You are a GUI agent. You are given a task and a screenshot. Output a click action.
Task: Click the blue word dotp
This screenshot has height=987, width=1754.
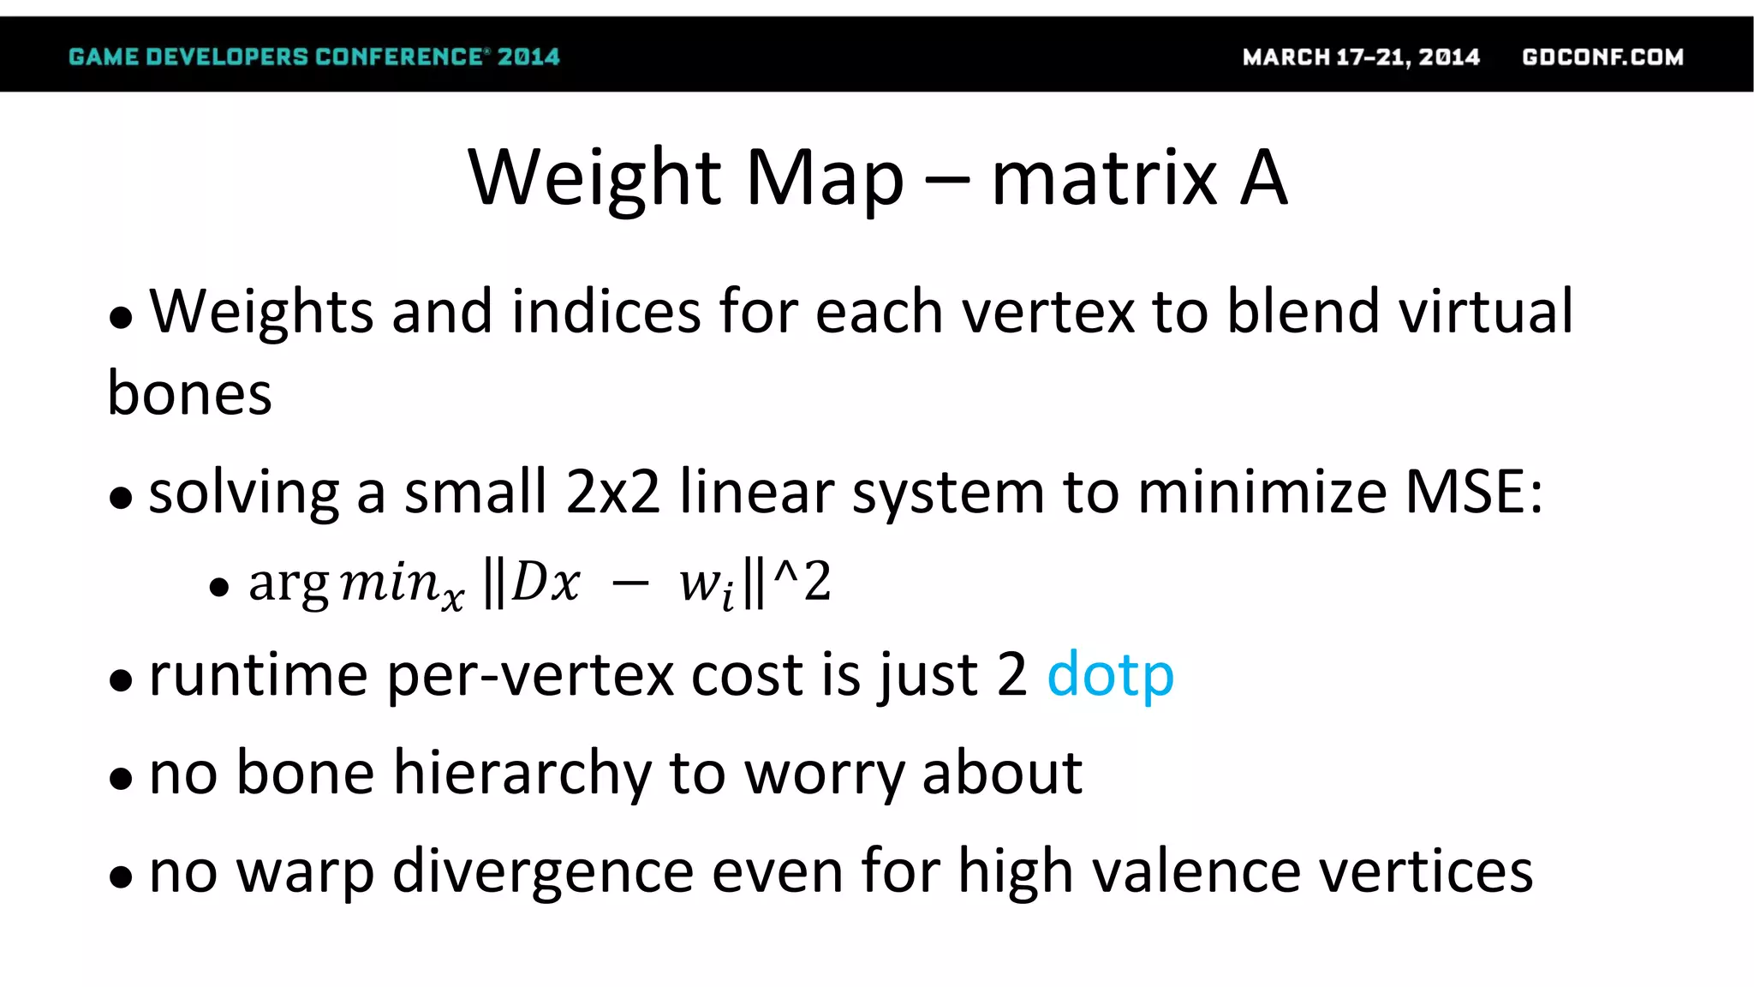(x=1110, y=676)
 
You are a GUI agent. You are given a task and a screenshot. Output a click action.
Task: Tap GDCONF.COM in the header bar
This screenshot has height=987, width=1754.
(x=1602, y=57)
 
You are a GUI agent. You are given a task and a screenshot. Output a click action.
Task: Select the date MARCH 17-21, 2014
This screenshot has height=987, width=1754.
(x=1361, y=57)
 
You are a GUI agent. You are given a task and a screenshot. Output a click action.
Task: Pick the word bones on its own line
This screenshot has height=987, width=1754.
(x=189, y=394)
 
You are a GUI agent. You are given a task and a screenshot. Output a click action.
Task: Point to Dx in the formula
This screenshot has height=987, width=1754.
(x=546, y=583)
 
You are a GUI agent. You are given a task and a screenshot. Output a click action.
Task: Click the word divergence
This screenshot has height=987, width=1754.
(x=543, y=872)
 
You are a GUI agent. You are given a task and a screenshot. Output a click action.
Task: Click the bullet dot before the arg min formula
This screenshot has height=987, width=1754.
(x=219, y=588)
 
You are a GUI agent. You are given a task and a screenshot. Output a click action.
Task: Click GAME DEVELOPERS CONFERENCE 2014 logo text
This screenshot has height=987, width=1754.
(x=313, y=57)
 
